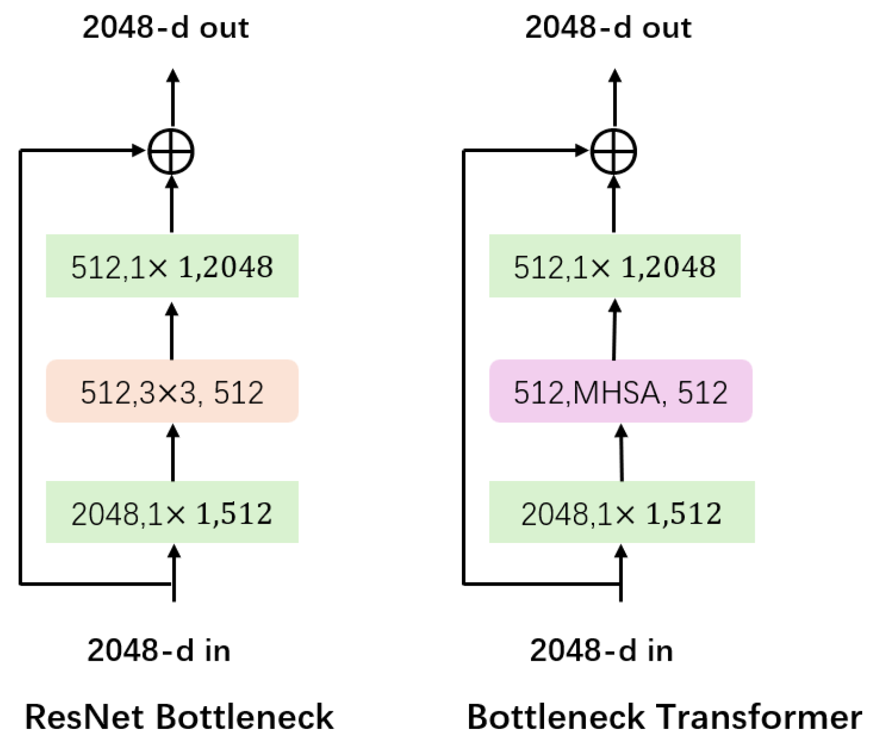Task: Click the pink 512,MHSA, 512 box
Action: [x=620, y=391]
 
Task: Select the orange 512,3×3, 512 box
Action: [x=172, y=391]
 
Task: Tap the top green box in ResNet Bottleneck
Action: [x=172, y=266]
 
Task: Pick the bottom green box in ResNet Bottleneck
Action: [x=172, y=512]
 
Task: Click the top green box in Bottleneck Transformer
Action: [x=614, y=266]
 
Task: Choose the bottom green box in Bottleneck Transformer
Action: [x=621, y=512]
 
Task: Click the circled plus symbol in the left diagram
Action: [x=171, y=152]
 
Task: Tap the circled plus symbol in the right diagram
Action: [x=613, y=152]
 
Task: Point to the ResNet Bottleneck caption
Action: [x=179, y=717]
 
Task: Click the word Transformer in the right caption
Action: [x=760, y=717]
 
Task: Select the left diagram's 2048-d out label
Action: [x=166, y=27]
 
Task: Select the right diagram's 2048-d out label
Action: [x=608, y=27]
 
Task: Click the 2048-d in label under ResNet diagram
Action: [x=159, y=650]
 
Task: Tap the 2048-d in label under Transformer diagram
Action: [x=601, y=650]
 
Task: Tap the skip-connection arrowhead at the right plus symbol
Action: [x=581, y=150]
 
